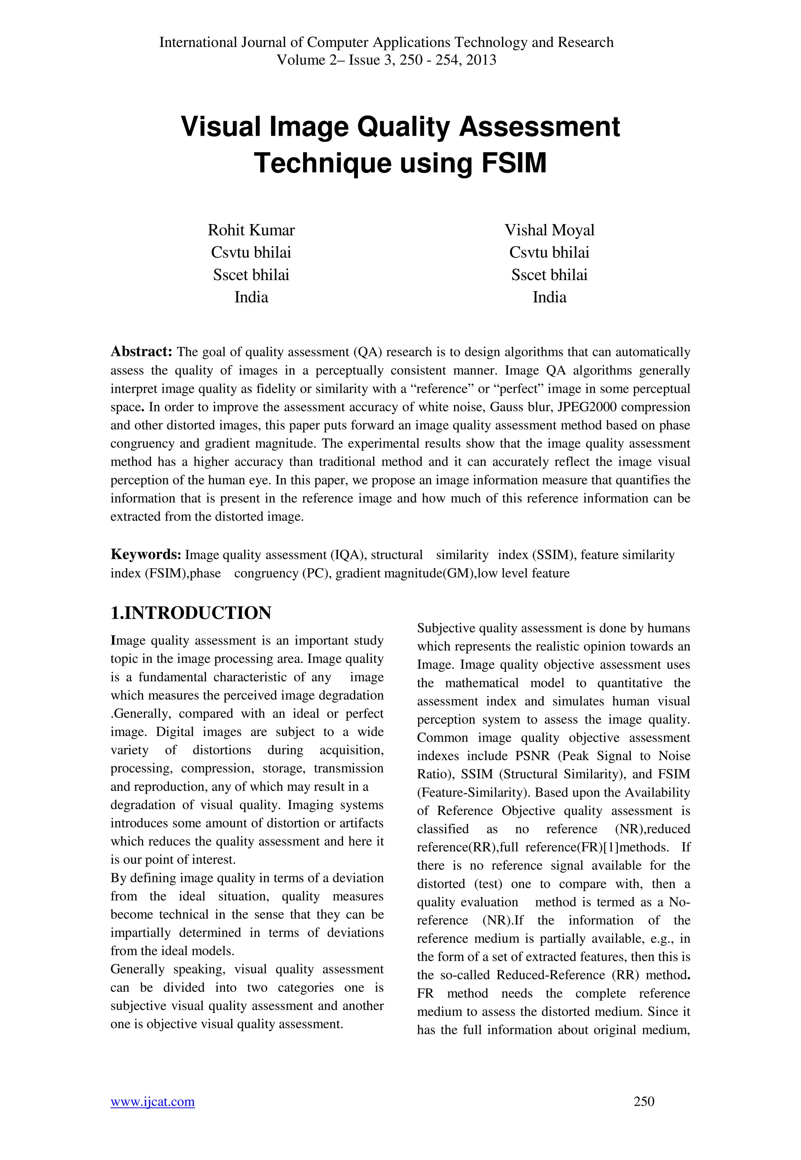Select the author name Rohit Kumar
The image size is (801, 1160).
pyautogui.click(x=251, y=230)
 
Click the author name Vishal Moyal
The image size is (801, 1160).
pyautogui.click(x=549, y=230)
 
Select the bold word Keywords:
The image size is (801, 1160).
pyautogui.click(x=145, y=555)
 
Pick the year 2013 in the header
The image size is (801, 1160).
pyautogui.click(x=481, y=60)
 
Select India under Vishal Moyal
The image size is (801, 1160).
pyautogui.click(x=549, y=297)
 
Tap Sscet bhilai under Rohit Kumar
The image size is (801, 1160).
pyautogui.click(x=251, y=275)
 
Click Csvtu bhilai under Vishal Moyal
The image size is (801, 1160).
pyautogui.click(x=549, y=252)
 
